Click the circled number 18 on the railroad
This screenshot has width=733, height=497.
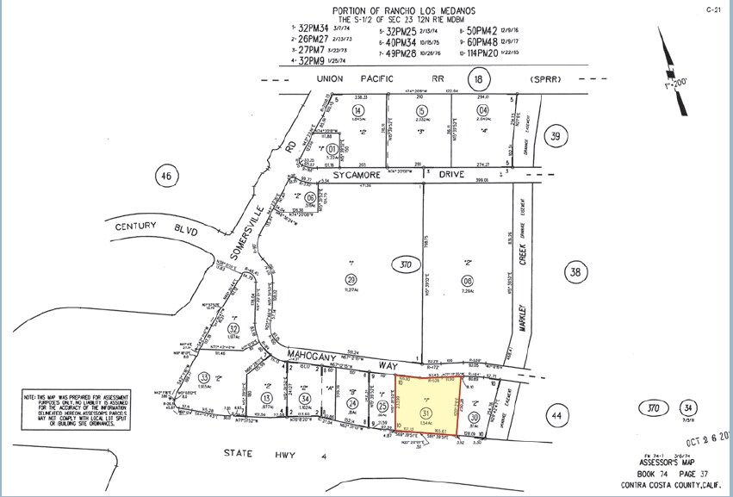click(479, 80)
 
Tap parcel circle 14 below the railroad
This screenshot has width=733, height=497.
click(357, 112)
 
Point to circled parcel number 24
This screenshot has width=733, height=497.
click(352, 402)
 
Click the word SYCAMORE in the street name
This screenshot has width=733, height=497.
click(357, 175)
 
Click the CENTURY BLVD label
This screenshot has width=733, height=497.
click(157, 228)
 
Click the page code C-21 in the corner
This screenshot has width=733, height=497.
click(712, 9)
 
